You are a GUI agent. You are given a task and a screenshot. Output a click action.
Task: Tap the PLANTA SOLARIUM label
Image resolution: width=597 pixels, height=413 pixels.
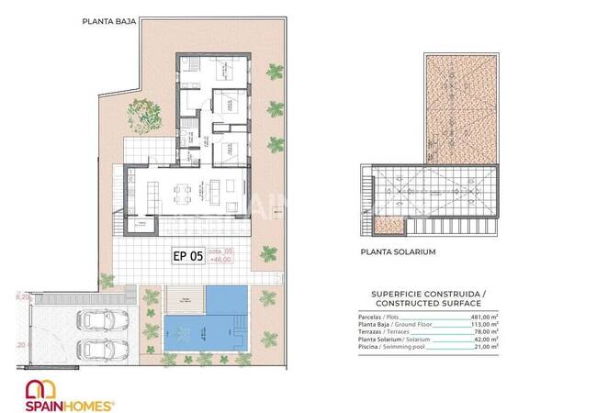pyautogui.click(x=398, y=251)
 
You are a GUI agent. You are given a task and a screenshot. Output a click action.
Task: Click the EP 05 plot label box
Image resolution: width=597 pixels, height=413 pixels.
pyautogui.click(x=187, y=257)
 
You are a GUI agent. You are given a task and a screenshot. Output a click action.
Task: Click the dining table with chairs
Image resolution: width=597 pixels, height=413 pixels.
pyautogui.click(x=185, y=193)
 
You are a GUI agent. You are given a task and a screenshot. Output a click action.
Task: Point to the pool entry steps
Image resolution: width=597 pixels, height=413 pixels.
pyautogui.click(x=242, y=328)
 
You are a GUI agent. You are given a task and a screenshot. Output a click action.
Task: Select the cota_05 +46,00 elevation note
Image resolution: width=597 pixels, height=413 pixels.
pyautogui.click(x=220, y=257)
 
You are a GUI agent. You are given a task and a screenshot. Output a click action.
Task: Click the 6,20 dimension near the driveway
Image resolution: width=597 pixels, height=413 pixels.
pyautogui.click(x=23, y=297)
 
